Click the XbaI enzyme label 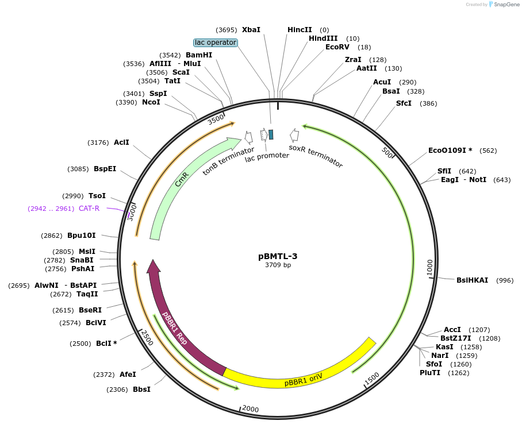[251, 30]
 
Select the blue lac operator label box [216, 43]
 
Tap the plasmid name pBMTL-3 [278, 256]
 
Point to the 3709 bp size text [278, 265]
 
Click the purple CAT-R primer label [89, 209]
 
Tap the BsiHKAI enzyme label [472, 280]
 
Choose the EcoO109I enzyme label [450, 151]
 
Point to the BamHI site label [199, 55]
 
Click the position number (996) [504, 280]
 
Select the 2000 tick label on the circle [251, 408]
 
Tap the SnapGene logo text [507, 5]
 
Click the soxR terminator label [316, 156]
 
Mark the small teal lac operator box [271, 134]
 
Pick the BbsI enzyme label [141, 390]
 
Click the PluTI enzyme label [430, 373]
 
